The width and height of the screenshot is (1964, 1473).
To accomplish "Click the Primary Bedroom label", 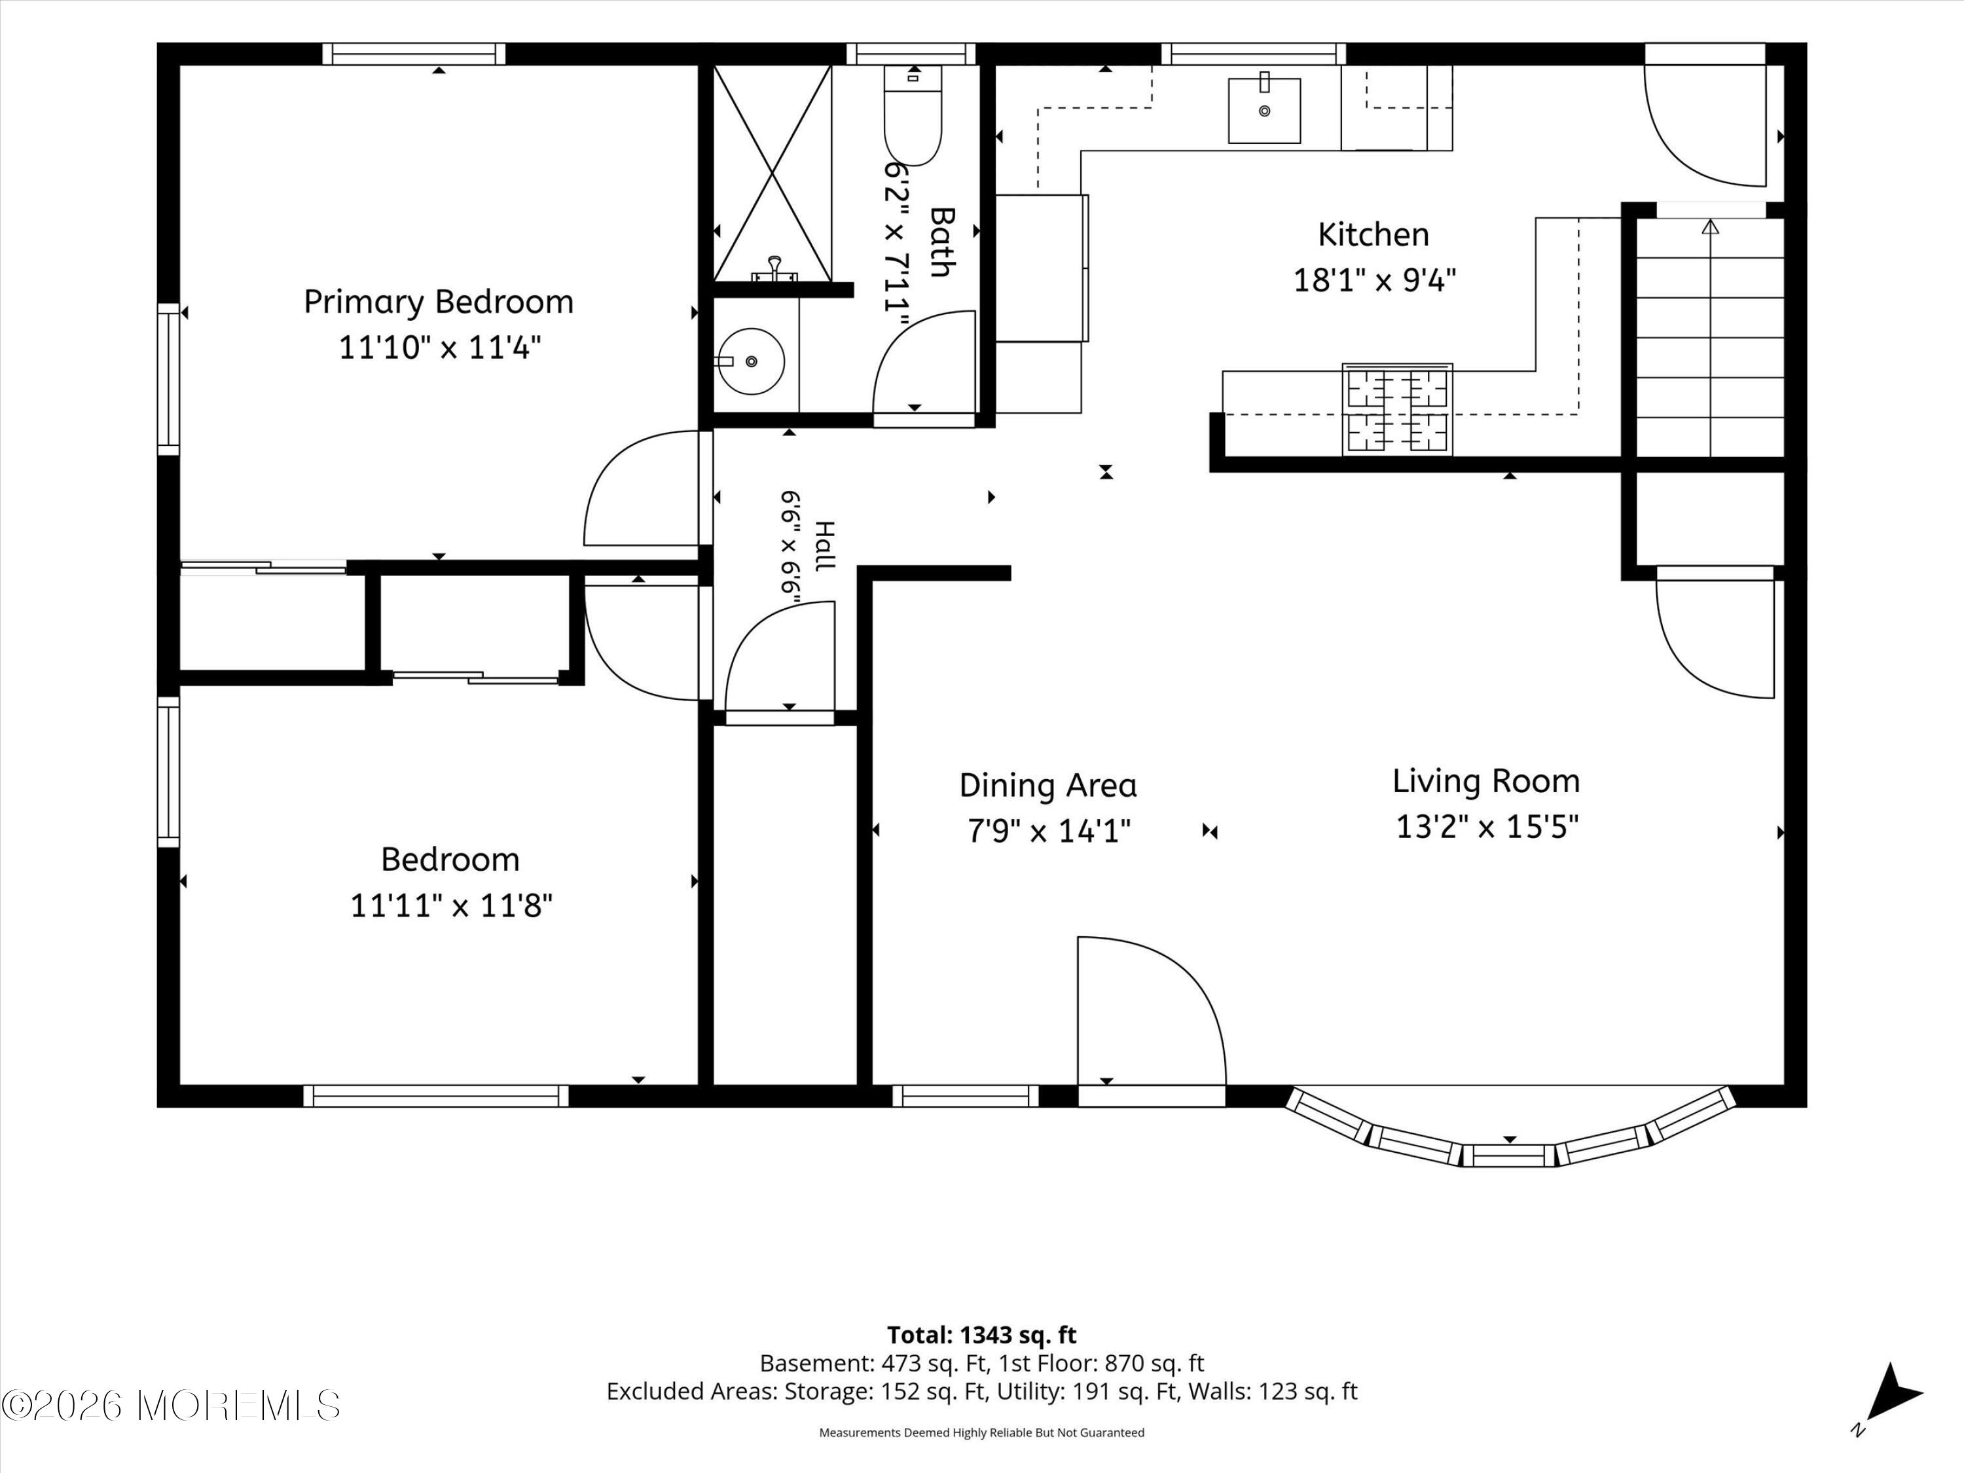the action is point(439,302).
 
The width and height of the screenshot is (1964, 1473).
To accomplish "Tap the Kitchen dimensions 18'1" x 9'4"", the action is point(1374,281).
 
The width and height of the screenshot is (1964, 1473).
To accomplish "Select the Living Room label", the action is point(1486,781).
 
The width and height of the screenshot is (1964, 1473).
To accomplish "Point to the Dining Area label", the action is point(1047,786).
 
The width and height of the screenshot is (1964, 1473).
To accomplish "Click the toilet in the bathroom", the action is point(913,115).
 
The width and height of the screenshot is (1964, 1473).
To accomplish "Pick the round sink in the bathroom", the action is point(751,361).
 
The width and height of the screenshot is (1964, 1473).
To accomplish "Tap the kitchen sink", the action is point(1264,109).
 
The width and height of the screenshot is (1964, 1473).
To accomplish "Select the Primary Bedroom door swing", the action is point(641,488).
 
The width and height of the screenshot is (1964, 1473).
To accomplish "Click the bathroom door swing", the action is point(924,361).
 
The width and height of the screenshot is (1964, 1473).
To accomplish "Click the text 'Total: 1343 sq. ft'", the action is point(982,1334).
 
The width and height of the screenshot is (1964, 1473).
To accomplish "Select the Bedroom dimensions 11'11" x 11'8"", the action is point(451,905).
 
